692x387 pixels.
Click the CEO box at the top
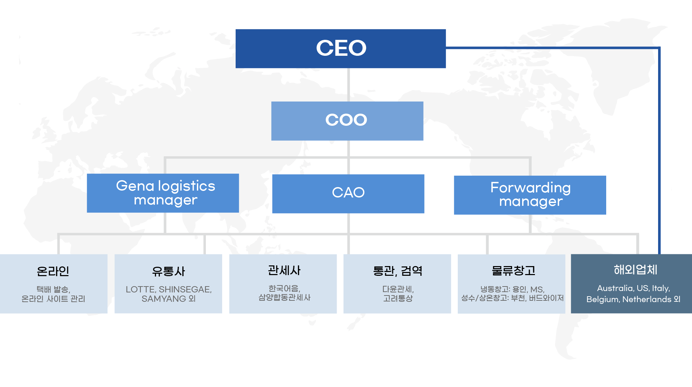(x=340, y=49)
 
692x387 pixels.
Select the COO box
(x=347, y=121)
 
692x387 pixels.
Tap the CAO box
(x=348, y=194)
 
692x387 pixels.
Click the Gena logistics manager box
(x=163, y=193)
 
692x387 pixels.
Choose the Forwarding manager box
(x=530, y=195)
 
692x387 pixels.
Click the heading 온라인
(x=53, y=271)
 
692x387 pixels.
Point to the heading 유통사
(x=169, y=271)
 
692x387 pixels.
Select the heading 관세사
(x=284, y=270)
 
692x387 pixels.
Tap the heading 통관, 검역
(x=398, y=271)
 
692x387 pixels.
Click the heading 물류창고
(x=513, y=270)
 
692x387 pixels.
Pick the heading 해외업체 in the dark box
(x=635, y=270)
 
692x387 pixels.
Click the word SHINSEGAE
(x=185, y=290)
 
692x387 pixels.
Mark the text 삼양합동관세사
(x=284, y=298)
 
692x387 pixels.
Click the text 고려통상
(x=398, y=298)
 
